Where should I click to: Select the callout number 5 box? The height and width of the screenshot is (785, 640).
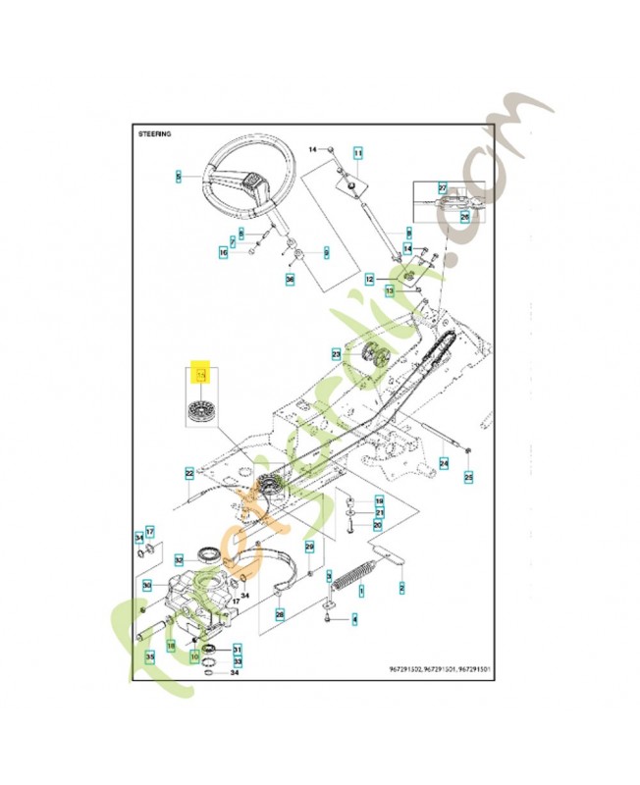point(178,177)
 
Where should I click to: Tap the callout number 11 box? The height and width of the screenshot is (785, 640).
point(358,154)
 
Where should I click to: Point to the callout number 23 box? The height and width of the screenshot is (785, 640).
point(336,353)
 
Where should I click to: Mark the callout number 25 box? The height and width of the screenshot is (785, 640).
point(468,477)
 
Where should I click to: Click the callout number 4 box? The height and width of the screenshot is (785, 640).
point(354,619)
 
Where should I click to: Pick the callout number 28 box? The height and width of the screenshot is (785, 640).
point(281,615)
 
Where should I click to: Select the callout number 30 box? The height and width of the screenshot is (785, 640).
point(147,586)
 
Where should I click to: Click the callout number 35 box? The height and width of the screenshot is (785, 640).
point(149,656)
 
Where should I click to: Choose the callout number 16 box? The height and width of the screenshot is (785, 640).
point(223,252)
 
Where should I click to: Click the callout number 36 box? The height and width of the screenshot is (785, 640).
point(290,280)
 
